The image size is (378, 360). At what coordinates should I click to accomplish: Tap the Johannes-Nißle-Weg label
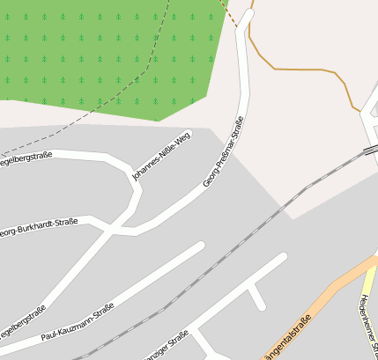161,157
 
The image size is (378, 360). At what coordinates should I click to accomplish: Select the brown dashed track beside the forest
231,13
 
